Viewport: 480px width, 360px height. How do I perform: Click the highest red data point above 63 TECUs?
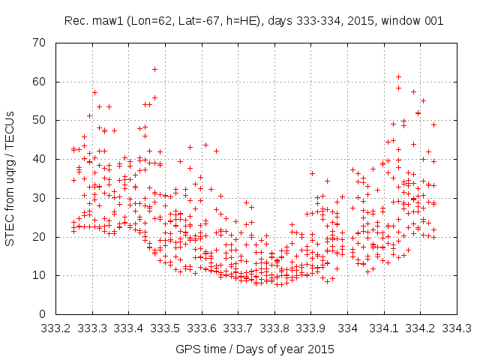(x=154, y=69)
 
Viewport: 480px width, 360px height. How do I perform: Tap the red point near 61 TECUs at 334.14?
(x=398, y=76)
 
